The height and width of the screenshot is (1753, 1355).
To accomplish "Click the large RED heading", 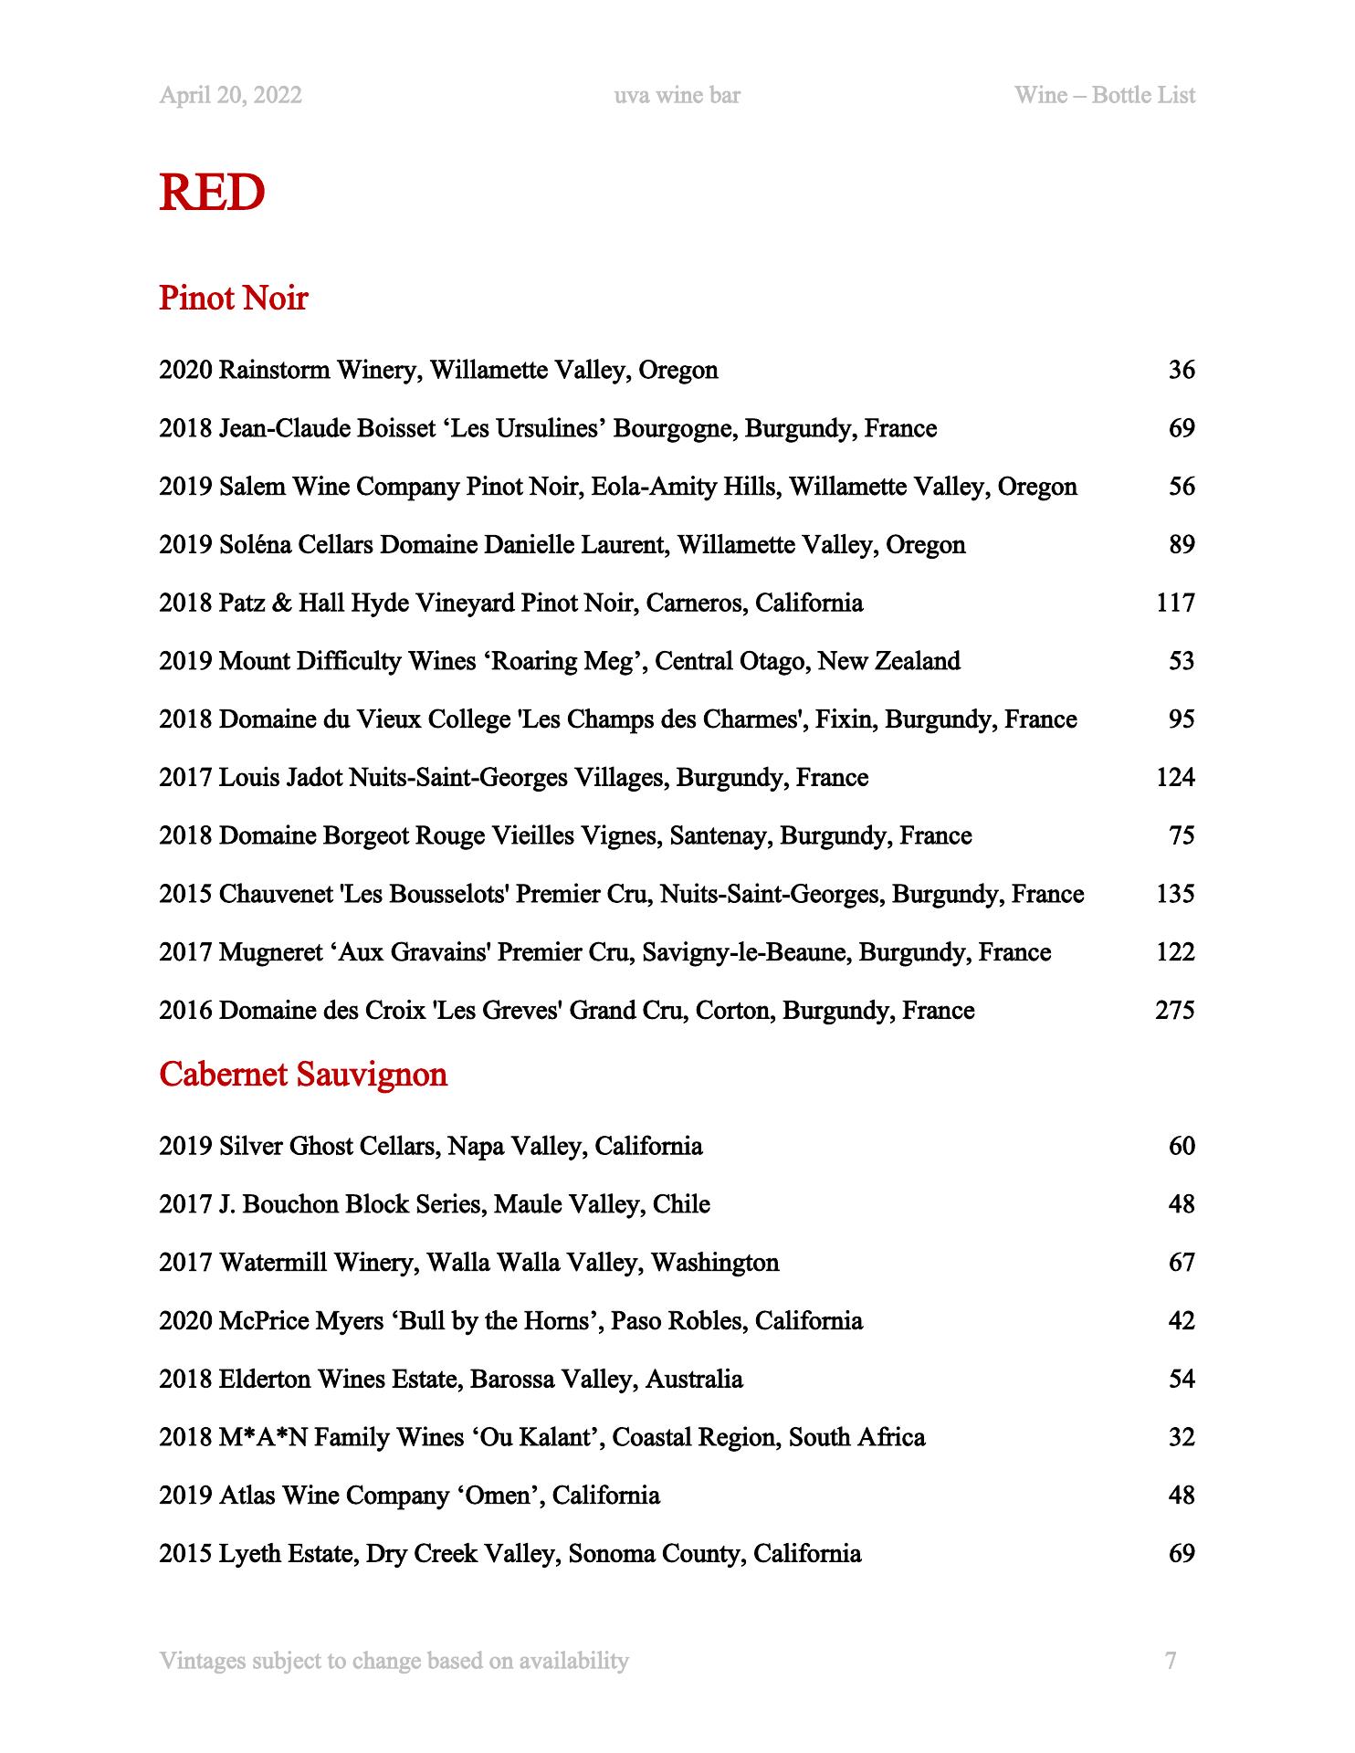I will tap(212, 193).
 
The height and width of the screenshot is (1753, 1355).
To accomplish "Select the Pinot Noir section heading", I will tap(234, 298).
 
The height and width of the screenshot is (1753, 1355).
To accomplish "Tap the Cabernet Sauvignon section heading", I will tap(303, 1074).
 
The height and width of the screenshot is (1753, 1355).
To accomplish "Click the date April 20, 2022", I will tap(230, 95).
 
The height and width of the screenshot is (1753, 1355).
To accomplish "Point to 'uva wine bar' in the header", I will tap(677, 95).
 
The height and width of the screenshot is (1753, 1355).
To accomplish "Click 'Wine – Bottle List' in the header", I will tap(1104, 95).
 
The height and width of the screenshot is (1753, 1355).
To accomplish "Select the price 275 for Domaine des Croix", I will tap(1174, 1011).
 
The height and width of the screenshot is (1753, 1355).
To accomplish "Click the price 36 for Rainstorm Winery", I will tap(1182, 370).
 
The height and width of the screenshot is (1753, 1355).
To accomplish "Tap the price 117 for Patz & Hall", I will tap(1175, 603).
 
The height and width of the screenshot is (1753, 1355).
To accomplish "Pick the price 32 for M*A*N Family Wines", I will tap(1182, 1437).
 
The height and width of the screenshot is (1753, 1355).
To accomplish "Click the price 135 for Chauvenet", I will tap(1174, 894).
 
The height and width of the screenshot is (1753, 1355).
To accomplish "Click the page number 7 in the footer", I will tap(1171, 1660).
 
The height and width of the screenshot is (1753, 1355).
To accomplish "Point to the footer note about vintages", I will tap(394, 1660).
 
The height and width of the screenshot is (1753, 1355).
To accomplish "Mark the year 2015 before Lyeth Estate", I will tap(185, 1554).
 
